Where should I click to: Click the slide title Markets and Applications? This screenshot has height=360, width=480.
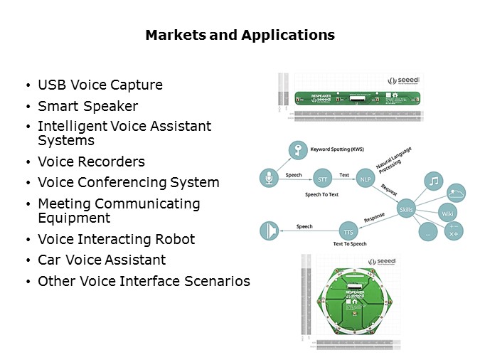(x=240, y=35)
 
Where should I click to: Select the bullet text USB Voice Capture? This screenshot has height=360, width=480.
(x=100, y=85)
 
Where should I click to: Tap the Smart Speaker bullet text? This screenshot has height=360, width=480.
(x=87, y=107)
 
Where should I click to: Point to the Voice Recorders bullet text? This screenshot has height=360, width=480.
(x=91, y=162)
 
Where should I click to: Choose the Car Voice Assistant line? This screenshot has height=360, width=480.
(x=102, y=260)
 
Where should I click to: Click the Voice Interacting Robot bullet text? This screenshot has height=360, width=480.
(x=116, y=239)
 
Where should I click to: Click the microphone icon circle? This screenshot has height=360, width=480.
(x=270, y=178)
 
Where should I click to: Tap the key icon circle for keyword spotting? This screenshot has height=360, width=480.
(x=297, y=150)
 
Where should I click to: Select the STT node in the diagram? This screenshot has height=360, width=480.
(x=322, y=178)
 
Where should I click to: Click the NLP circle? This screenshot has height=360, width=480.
(x=366, y=178)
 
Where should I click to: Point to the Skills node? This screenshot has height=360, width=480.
(x=406, y=209)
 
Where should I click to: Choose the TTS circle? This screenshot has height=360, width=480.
(x=348, y=232)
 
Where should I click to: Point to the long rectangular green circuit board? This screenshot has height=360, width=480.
(x=356, y=98)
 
